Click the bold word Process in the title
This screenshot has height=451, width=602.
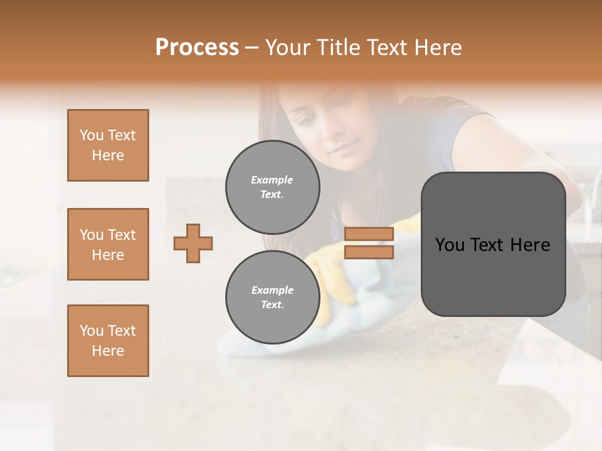tap(197, 48)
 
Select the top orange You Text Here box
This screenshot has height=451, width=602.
tap(108, 145)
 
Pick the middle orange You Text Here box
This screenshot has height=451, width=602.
tap(108, 244)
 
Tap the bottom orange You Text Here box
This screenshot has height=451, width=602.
tap(108, 341)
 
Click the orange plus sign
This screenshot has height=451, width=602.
tap(193, 243)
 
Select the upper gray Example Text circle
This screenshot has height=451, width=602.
tap(272, 187)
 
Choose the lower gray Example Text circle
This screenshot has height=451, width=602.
tap(272, 298)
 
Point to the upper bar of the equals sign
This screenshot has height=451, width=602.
tap(369, 234)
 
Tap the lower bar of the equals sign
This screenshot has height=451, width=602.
tap(369, 252)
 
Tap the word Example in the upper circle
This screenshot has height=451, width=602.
tap(272, 180)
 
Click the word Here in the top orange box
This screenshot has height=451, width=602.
tap(108, 155)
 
